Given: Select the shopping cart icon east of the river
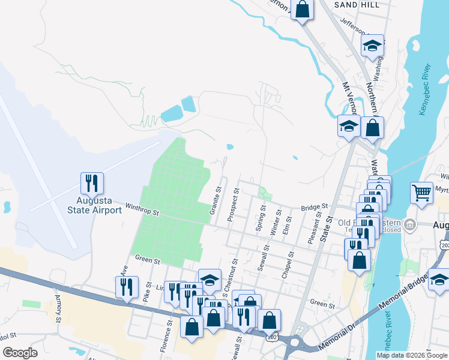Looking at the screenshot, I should [422, 193].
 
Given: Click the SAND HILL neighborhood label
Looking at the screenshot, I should [360, 5].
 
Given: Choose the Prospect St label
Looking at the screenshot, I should [234, 205].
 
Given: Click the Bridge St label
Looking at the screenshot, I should [315, 207].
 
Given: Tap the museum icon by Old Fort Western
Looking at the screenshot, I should [410, 226].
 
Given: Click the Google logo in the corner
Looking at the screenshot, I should [20, 353].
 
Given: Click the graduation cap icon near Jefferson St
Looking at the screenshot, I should [372, 46].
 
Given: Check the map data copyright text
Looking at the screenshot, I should [411, 355].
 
